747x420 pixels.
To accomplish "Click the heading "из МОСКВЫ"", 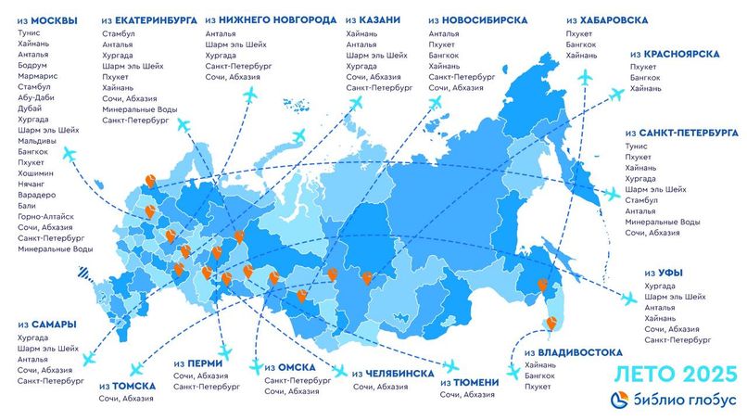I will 46,19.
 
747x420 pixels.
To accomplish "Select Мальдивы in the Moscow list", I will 36,140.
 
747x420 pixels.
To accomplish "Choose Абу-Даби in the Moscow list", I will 37,96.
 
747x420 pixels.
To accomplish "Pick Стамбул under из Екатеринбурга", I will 120,34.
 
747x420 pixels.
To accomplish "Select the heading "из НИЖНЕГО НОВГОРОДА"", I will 269,19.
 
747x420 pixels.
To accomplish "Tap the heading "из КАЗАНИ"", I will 376,19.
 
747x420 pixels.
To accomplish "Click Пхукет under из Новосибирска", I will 444,45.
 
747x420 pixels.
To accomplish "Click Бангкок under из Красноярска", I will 645,78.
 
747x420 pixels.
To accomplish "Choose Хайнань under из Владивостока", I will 540,365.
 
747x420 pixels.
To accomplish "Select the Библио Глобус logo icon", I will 620,399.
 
